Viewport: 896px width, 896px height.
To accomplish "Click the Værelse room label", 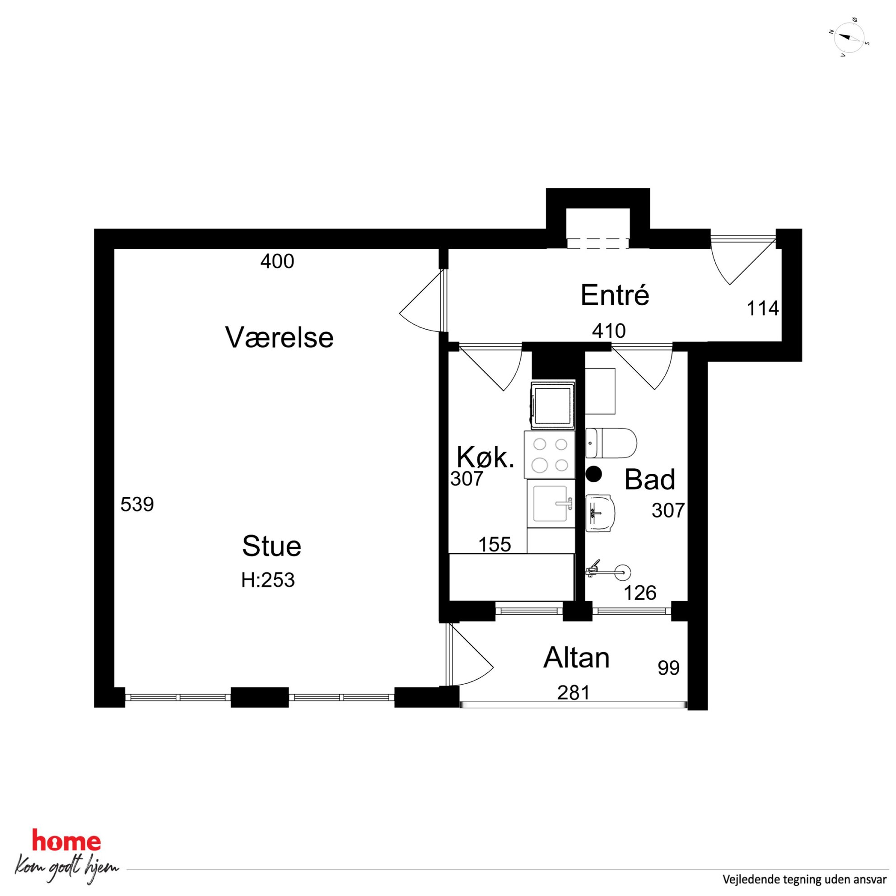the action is [x=279, y=337].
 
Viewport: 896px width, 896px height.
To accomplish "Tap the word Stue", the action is [x=272, y=546].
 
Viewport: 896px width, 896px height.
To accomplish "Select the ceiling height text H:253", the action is [x=268, y=580].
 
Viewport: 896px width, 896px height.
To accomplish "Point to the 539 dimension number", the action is [x=137, y=504].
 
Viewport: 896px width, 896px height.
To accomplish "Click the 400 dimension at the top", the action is [x=277, y=261].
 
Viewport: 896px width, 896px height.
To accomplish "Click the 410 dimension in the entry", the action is [x=609, y=331].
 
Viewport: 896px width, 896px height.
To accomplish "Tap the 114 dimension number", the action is [x=763, y=308].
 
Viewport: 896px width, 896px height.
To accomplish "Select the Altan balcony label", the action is [x=576, y=658].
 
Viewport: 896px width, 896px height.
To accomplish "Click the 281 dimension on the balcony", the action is [x=574, y=693].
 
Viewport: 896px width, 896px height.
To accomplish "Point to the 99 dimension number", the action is [x=669, y=668].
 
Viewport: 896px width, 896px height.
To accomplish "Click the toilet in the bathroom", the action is [x=611, y=443].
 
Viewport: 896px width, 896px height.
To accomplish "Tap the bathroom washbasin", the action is [x=601, y=513].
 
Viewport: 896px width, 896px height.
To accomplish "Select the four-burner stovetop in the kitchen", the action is [x=550, y=454].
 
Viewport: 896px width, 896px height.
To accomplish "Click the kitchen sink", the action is [x=551, y=503].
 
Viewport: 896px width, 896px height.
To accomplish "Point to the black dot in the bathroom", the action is [x=593, y=474].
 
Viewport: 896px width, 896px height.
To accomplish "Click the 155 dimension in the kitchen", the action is [x=495, y=545].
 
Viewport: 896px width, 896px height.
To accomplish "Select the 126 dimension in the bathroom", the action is [x=640, y=593].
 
